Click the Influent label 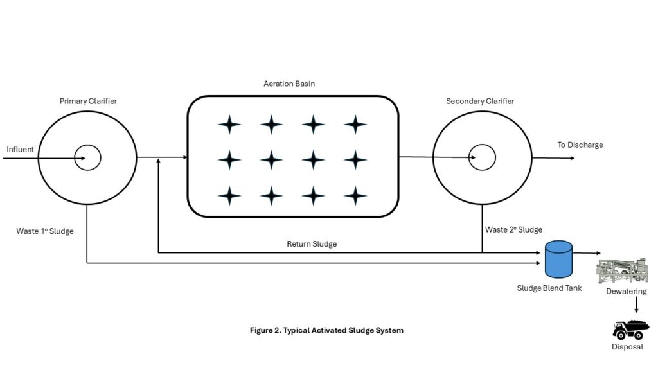(x=20, y=150)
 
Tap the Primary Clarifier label (x=88, y=101)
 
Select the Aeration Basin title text (x=289, y=84)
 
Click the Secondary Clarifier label (x=480, y=101)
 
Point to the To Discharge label (x=580, y=145)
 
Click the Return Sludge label (x=312, y=244)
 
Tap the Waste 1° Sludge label (x=45, y=231)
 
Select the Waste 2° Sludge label (x=513, y=229)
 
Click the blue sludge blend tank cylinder (x=558, y=258)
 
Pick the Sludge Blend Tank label (x=549, y=288)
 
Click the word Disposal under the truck (x=627, y=348)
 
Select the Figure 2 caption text (x=326, y=330)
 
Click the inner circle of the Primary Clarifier (x=87, y=157)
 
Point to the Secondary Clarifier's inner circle (x=481, y=157)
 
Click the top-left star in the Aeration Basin (x=229, y=124)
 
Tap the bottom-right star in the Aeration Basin (x=355, y=195)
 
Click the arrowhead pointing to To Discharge (x=572, y=157)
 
